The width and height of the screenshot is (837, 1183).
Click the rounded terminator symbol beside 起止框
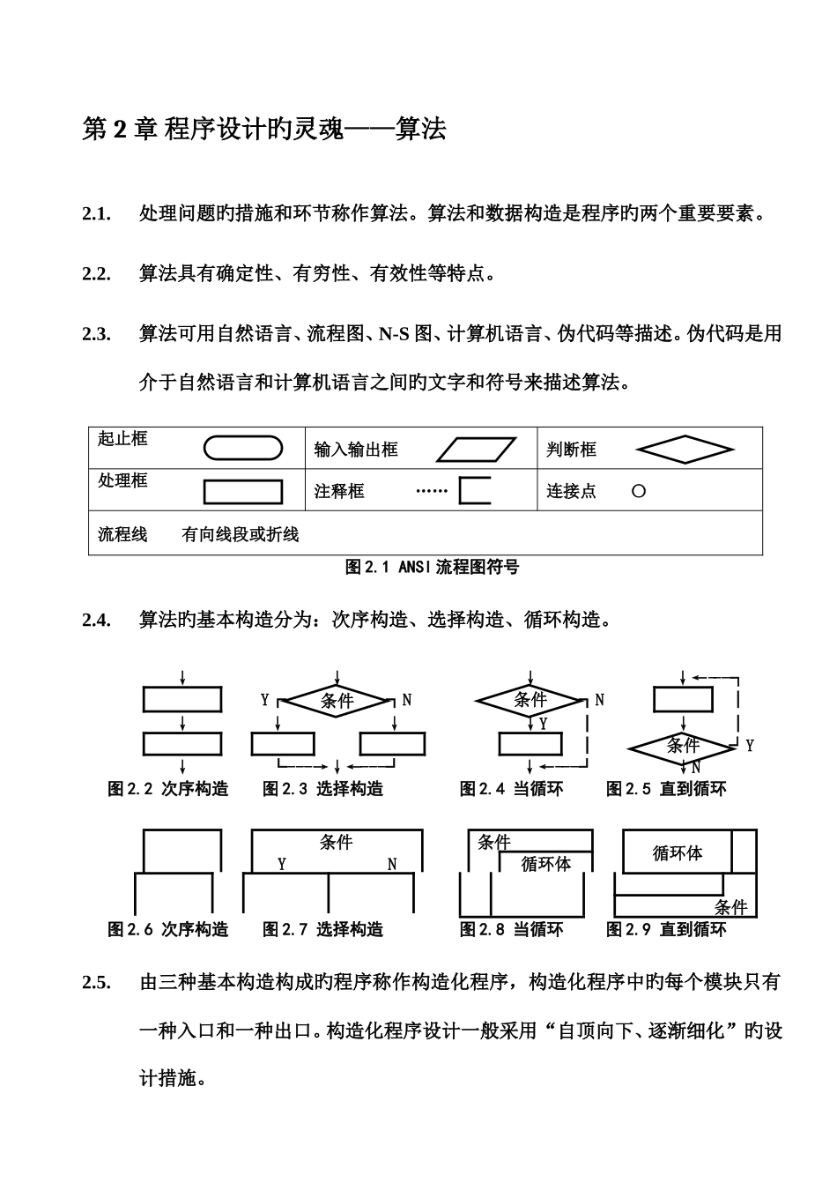tap(242, 449)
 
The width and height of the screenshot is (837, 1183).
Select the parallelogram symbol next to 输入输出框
tap(477, 450)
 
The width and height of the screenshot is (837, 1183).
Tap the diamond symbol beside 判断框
tap(685, 450)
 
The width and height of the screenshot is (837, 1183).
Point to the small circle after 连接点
tap(639, 491)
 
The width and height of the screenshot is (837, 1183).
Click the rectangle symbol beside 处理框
tap(242, 491)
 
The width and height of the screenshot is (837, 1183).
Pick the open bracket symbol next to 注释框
tap(474, 490)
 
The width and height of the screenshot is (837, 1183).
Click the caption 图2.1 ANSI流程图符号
tap(432, 567)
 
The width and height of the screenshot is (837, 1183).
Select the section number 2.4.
tap(96, 620)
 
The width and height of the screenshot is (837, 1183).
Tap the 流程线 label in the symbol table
tap(122, 534)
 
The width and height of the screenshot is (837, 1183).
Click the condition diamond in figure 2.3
tap(337, 701)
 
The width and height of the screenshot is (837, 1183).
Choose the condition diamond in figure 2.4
tap(530, 700)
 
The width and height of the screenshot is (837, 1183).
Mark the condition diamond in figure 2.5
tap(682, 746)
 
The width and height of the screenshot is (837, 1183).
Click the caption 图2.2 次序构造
tap(167, 789)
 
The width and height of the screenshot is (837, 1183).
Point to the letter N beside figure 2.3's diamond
tap(406, 700)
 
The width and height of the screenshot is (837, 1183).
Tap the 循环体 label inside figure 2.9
tap(677, 853)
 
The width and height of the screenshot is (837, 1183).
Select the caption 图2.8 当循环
tap(511, 929)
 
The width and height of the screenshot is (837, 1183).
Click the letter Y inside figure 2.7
tap(282, 864)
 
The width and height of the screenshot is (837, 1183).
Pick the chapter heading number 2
tap(119, 130)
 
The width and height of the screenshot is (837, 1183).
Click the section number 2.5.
tap(96, 982)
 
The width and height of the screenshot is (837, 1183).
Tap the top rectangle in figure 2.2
tap(182, 699)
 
